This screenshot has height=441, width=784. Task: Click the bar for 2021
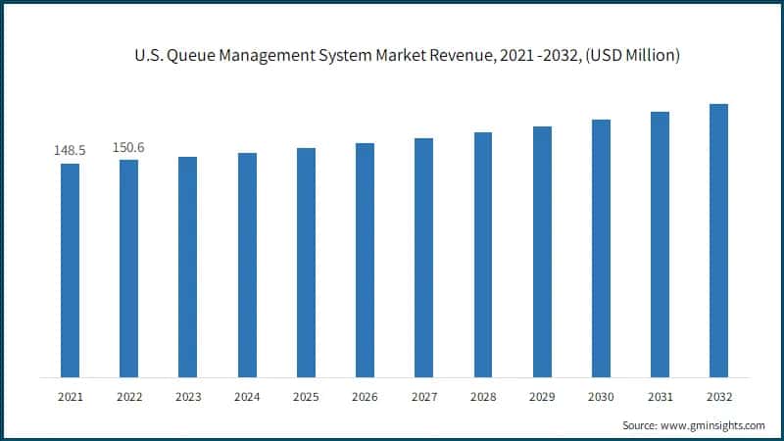(x=70, y=269)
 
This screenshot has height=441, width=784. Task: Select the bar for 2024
(x=247, y=265)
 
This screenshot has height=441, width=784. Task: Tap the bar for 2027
(x=423, y=257)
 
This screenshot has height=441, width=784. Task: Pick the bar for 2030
(x=601, y=248)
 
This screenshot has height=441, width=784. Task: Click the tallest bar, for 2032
(x=718, y=240)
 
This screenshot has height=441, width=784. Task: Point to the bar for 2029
(x=542, y=251)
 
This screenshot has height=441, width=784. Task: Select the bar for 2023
(x=187, y=267)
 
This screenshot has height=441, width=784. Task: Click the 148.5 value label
(x=70, y=151)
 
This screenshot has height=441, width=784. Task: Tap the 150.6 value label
(x=128, y=147)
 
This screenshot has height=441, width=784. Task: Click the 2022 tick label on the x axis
(x=128, y=397)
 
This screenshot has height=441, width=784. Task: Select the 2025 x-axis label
(x=306, y=397)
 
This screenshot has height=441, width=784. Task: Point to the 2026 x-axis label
(x=365, y=397)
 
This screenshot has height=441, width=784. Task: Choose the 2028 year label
(x=482, y=397)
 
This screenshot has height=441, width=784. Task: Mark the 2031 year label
(x=660, y=397)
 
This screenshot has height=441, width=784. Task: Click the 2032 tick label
(x=718, y=397)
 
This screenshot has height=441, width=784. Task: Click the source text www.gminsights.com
(x=711, y=425)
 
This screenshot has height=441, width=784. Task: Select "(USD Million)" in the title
(x=629, y=57)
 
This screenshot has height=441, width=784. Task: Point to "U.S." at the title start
(x=147, y=57)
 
